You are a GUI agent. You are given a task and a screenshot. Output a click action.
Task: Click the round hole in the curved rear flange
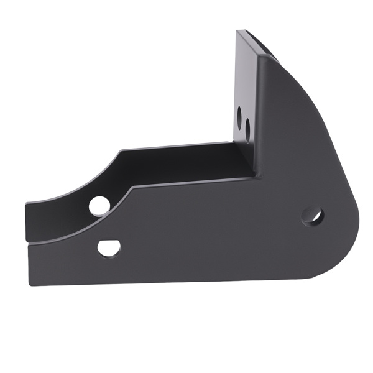click(99, 206)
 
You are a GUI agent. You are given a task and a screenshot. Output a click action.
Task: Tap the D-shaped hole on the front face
click(109, 247)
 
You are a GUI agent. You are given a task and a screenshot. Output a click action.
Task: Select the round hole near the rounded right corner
click(313, 216)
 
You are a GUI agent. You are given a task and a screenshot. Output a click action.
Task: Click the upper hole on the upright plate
click(240, 115)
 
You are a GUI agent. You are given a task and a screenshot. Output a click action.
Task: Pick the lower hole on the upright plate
click(247, 129)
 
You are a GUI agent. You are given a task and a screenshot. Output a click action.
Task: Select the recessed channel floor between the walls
click(186, 165)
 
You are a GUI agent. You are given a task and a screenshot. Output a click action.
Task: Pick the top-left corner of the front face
click(29, 245)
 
